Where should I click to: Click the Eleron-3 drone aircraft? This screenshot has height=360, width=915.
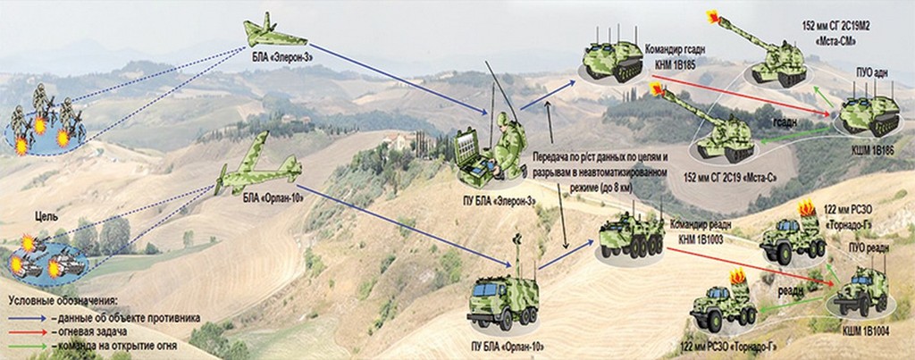tap(275, 35)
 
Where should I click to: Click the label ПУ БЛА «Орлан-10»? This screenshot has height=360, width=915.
tap(507, 346)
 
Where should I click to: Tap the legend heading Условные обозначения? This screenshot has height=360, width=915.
tap(63, 301)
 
